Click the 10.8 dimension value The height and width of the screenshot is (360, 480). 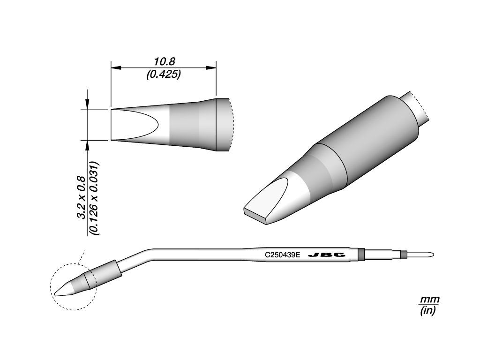(164, 62)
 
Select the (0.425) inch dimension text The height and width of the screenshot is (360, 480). (164, 75)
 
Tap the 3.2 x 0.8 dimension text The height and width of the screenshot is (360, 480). (81, 198)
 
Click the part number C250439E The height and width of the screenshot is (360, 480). (283, 255)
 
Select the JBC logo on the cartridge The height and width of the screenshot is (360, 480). (327, 255)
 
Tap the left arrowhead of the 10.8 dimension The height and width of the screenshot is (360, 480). (115, 67)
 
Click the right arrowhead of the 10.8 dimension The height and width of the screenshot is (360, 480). (211, 67)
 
